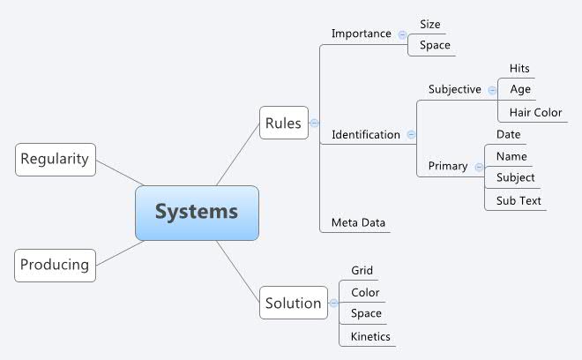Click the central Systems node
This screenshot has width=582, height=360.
click(x=197, y=212)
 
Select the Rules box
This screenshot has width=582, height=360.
click(x=283, y=124)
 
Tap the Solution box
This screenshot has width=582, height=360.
click(x=294, y=303)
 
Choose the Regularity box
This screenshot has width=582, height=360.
click(x=55, y=159)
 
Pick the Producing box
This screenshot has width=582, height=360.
click(x=55, y=264)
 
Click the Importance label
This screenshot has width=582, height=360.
click(x=361, y=34)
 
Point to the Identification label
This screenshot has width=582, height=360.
click(x=365, y=135)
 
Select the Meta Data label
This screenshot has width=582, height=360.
click(x=358, y=221)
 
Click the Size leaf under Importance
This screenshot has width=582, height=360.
click(x=430, y=25)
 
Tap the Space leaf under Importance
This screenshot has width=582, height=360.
click(x=435, y=45)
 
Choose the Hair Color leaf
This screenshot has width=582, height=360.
click(x=535, y=112)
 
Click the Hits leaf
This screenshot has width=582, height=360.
click(x=519, y=68)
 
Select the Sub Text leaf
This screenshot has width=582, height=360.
click(x=518, y=200)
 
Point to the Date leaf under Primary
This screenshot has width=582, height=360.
click(x=508, y=134)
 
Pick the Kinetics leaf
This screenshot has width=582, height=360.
click(x=369, y=336)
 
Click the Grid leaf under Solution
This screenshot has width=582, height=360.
click(x=362, y=270)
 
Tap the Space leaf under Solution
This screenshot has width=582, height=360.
click(x=366, y=313)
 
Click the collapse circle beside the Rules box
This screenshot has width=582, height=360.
click(x=314, y=124)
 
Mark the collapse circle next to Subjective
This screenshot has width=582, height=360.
click(x=491, y=89)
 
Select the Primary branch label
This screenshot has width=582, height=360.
click(x=448, y=166)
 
